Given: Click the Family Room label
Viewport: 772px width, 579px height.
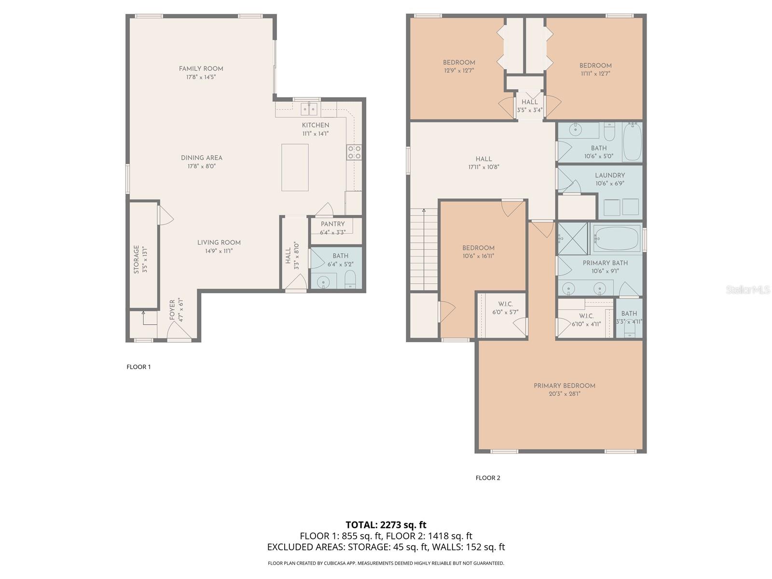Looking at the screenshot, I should point(201,69).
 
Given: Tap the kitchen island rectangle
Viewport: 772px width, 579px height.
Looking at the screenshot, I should point(295,167).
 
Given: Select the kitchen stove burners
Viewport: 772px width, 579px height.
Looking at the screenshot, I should point(354,152).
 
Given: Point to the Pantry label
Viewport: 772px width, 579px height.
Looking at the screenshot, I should point(332,224).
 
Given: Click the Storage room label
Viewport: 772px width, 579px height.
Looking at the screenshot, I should point(137,260).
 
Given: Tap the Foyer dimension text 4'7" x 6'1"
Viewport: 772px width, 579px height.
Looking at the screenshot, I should point(181,309).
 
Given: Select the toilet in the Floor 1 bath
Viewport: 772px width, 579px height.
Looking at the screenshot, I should point(351,280).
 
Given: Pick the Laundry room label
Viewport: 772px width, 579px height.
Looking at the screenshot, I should point(609,176).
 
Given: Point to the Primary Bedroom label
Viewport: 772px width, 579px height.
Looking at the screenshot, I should point(564,386).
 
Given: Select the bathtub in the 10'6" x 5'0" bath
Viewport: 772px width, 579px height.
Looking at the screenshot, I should point(632,141).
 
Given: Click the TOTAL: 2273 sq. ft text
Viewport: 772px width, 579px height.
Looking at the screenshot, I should point(386,524).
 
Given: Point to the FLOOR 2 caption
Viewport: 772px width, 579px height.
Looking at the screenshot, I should point(487,478).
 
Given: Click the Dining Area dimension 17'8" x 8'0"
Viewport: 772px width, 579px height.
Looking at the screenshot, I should point(201,166).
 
